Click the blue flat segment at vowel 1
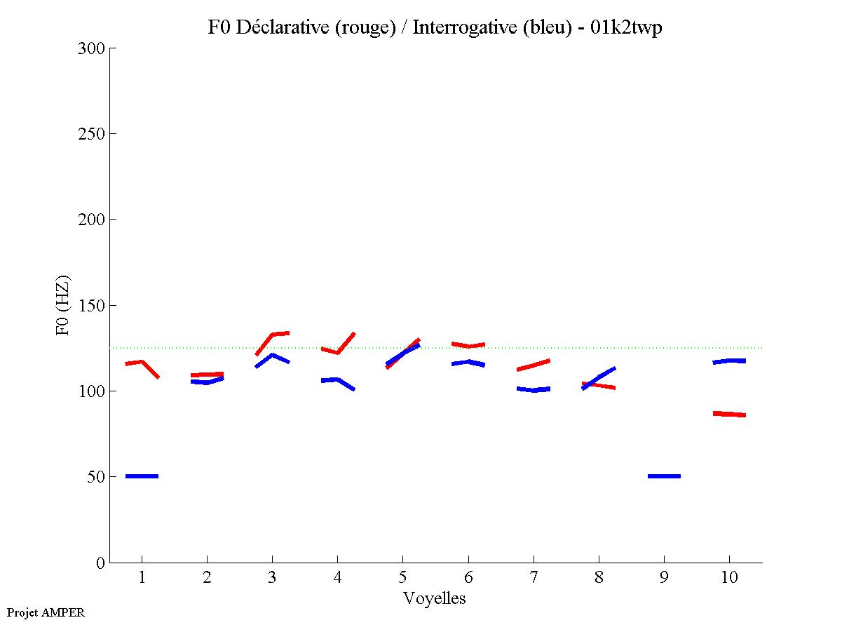click(x=142, y=476)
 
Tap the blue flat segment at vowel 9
click(x=664, y=476)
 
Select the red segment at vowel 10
click(x=729, y=414)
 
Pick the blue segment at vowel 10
click(x=729, y=361)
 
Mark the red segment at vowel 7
click(x=533, y=365)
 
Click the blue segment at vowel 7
click(x=533, y=389)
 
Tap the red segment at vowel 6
click(x=468, y=345)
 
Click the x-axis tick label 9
click(x=664, y=578)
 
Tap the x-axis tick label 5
click(x=402, y=578)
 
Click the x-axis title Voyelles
click(x=435, y=598)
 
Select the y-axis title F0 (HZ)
click(x=64, y=305)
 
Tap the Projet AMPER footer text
click(x=46, y=612)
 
